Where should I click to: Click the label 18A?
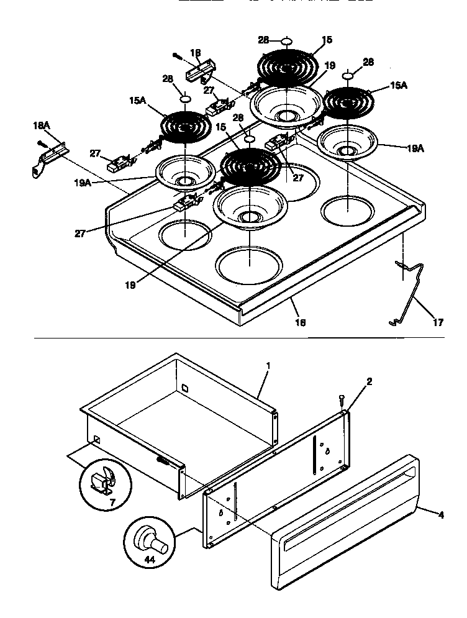point(40,125)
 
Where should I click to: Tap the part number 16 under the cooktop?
point(301,323)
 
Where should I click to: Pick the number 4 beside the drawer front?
point(442,514)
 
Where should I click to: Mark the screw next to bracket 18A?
point(42,144)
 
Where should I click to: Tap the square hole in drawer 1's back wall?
point(184,389)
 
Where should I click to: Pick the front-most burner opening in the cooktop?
point(247,263)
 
